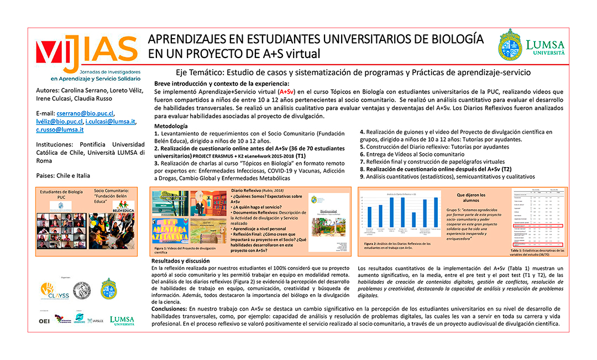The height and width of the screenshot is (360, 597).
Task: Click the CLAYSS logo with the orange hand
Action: (x=55, y=289)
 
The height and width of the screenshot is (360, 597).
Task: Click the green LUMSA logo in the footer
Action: (x=122, y=321)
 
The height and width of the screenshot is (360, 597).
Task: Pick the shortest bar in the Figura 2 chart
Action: (x=415, y=220)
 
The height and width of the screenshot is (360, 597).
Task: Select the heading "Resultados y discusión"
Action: (x=180, y=260)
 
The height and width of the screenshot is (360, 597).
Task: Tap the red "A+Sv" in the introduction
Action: (x=287, y=91)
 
